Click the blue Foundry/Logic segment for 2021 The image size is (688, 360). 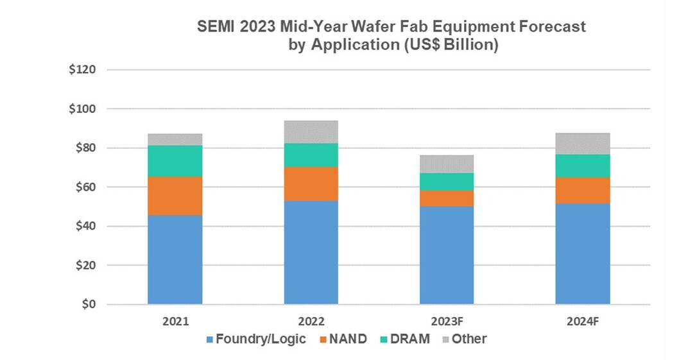coord(175,259)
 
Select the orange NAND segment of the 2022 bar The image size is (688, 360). coord(311,184)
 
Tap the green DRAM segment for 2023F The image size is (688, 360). coord(447,182)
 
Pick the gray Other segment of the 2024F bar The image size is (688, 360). coord(583,144)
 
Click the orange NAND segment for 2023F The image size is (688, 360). coord(447,198)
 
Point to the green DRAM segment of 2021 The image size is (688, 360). coord(175,161)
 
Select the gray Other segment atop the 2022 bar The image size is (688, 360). coord(311,132)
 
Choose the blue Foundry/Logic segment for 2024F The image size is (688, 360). coord(583,253)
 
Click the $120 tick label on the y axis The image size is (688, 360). coord(82,70)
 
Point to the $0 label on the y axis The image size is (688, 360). coord(88,304)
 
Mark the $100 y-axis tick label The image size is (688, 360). coord(82,109)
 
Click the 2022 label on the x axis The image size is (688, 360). coord(311,321)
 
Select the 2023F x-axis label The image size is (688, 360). coord(447,321)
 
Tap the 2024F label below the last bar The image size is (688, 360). coord(583,321)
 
